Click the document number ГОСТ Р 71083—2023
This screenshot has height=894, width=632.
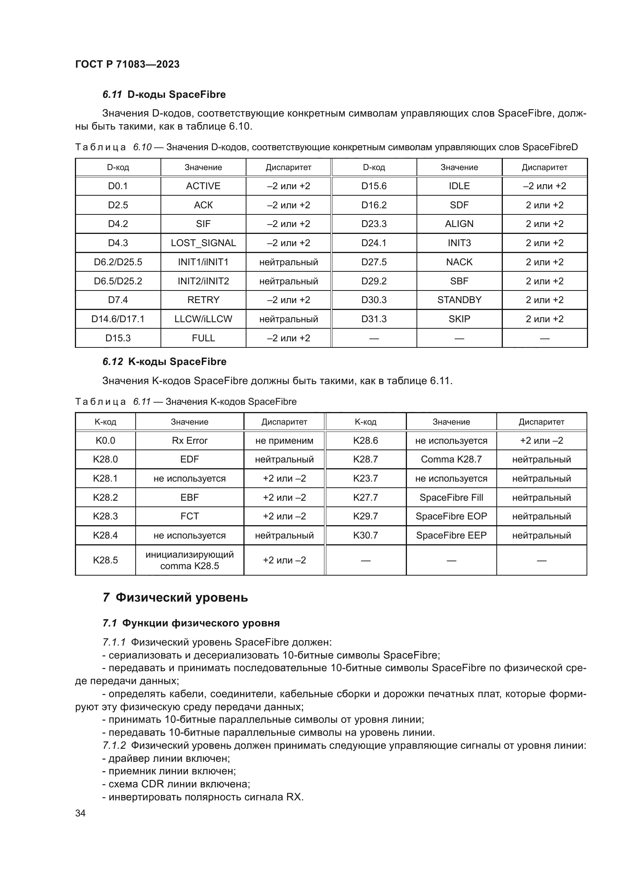127,64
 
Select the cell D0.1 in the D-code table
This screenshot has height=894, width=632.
118,186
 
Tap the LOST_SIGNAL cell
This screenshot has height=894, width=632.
203,243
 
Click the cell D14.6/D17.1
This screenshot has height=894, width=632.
118,319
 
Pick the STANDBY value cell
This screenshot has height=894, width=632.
459,300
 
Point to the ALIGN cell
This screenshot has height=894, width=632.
459,224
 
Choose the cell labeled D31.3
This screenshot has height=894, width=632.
374,319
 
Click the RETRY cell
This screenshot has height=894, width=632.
203,300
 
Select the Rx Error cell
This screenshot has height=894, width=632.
190,440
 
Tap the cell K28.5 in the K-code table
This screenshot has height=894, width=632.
105,560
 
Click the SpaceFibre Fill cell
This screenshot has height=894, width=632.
451,497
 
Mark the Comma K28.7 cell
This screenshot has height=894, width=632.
451,459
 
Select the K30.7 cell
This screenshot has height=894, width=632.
365,535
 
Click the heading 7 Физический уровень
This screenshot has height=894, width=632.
175,597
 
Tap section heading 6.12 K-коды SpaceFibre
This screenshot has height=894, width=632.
164,362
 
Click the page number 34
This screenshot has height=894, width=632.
80,813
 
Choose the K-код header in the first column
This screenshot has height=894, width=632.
105,422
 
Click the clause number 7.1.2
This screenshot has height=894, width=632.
114,745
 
